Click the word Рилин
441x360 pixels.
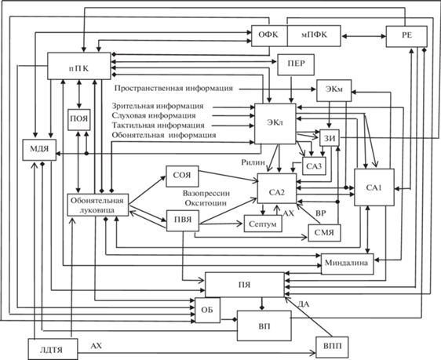[253, 162]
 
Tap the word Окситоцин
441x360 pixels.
[206, 203]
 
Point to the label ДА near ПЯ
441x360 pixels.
[304, 304]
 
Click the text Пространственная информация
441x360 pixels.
[173, 89]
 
